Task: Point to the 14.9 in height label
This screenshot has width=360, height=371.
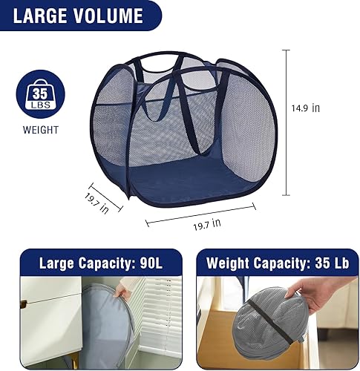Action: (x=305, y=108)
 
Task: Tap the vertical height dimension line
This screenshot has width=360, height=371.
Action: (x=286, y=122)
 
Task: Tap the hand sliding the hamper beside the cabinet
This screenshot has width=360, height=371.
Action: (x=122, y=293)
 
